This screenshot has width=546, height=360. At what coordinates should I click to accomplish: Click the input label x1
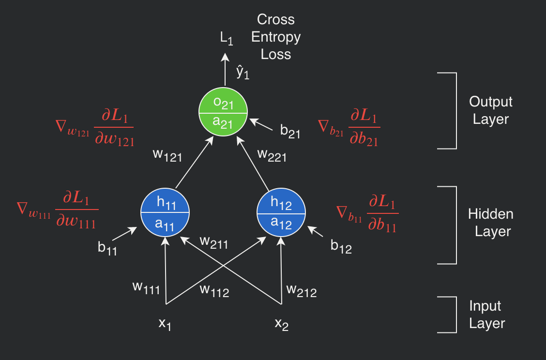(x=165, y=324)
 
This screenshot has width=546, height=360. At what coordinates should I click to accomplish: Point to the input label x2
(x=282, y=324)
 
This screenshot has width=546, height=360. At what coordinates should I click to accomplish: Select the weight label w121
(x=167, y=155)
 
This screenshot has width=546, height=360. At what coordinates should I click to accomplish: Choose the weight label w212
(x=301, y=290)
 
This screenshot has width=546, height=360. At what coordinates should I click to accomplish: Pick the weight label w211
(x=214, y=241)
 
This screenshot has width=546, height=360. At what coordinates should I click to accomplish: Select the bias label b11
(x=107, y=248)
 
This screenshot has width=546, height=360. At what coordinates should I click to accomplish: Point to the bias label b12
(x=341, y=246)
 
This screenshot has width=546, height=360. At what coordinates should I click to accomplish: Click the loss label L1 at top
(x=227, y=39)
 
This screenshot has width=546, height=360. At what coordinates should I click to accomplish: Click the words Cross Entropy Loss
(x=276, y=37)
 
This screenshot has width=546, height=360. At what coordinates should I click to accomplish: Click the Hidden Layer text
(x=491, y=223)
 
